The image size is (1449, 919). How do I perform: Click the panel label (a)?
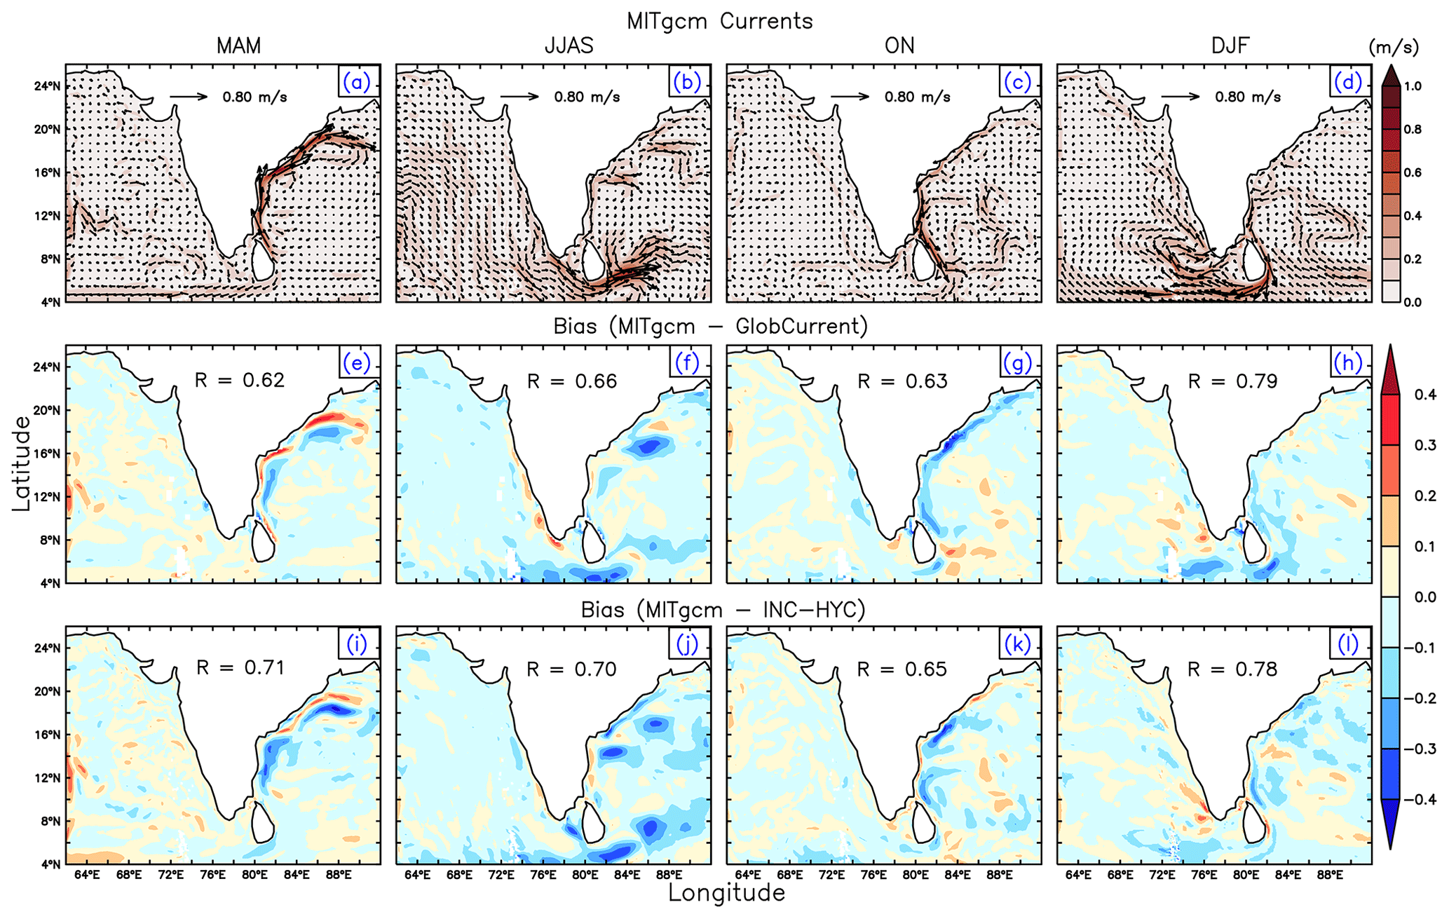click(356, 82)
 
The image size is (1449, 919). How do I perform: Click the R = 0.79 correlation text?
click(1233, 381)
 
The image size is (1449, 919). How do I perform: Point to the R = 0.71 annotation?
click(240, 667)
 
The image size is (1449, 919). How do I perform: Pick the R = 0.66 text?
click(572, 381)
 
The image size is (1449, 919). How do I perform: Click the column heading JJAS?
click(569, 46)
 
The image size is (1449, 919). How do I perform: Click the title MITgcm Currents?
click(720, 21)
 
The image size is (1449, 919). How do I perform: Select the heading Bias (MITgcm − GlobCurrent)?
click(710, 327)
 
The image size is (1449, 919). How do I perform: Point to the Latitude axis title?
click(22, 464)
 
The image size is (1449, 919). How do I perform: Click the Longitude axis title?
click(726, 894)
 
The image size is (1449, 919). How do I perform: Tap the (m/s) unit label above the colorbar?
click(1394, 48)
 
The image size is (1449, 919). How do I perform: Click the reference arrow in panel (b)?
click(519, 97)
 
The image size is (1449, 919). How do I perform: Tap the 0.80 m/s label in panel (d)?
click(1248, 97)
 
